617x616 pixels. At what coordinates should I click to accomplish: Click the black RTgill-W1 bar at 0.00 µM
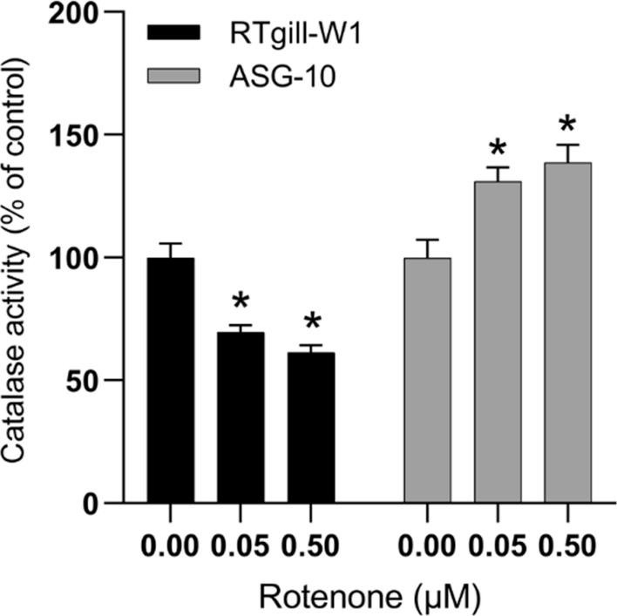(171, 381)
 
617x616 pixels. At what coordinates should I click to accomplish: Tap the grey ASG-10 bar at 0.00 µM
(427, 381)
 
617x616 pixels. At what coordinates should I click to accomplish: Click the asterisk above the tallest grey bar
(567, 124)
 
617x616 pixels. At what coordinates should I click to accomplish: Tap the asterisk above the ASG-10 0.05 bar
(498, 146)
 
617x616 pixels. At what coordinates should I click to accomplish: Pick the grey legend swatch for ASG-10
(174, 78)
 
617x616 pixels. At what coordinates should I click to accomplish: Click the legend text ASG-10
(269, 78)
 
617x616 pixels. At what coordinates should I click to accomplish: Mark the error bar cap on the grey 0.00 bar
(427, 240)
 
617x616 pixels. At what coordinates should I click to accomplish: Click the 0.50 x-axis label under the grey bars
(567, 547)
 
